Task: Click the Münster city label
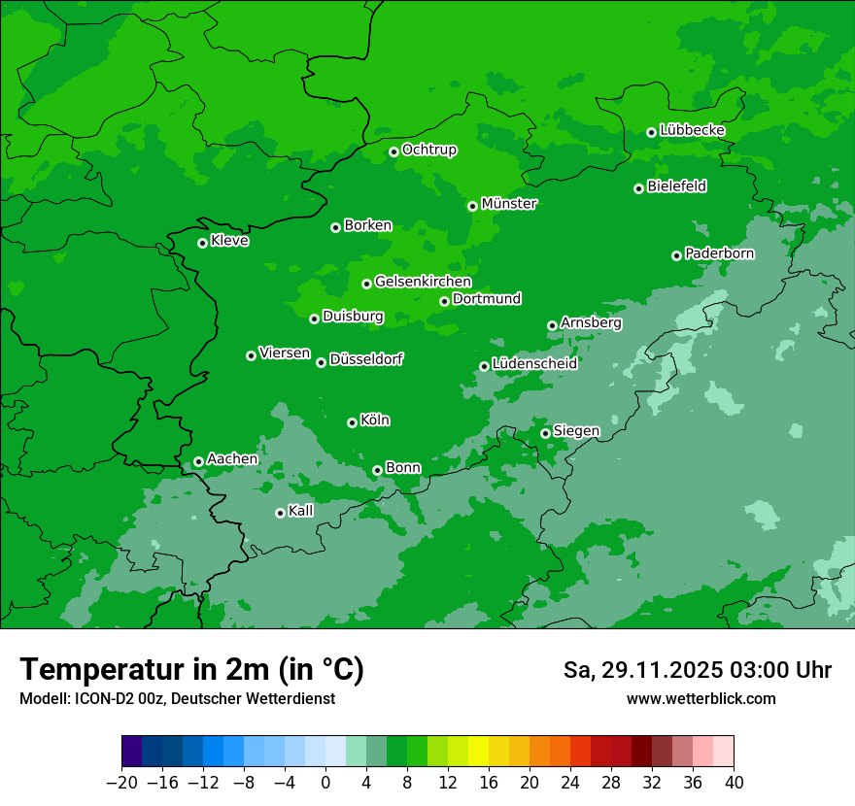point(509,204)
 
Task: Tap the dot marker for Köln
point(352,422)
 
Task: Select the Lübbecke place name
point(692,130)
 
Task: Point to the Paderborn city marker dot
point(676,255)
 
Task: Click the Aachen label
point(232,459)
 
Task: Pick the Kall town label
point(301,511)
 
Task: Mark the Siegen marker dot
point(545,433)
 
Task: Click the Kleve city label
point(229,241)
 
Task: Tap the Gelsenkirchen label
point(423,282)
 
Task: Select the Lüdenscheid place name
point(534,364)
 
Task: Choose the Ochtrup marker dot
point(393,151)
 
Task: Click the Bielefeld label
point(676,186)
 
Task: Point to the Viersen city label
point(284,353)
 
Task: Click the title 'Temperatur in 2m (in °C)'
point(191,669)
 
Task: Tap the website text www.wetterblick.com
point(701,698)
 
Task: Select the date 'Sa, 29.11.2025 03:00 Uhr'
point(697,670)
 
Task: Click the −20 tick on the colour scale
point(121,783)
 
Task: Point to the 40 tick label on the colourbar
point(734,783)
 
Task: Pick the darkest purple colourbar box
point(131,752)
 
